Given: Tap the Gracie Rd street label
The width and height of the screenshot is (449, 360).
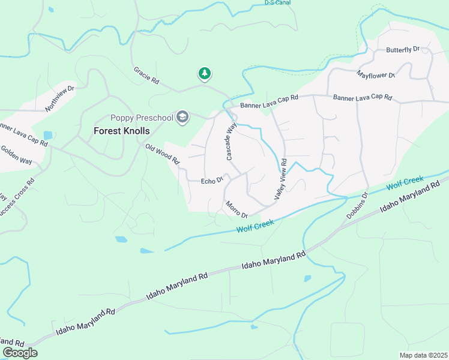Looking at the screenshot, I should pos(146,75).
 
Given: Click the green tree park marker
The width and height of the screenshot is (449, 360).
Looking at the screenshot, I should pos(205,74).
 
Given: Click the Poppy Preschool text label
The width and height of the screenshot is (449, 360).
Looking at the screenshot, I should pos(142,117).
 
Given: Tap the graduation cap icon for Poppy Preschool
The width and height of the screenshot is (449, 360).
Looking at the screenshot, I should pos(183,117).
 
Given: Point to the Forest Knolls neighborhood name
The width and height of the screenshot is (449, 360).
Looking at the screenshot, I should pos(121,130).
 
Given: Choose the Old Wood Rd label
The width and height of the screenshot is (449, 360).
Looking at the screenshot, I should pos(162,154).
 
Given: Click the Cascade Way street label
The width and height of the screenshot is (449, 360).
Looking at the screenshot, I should pos(231,142).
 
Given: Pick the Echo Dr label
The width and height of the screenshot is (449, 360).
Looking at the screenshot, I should pos(212,180).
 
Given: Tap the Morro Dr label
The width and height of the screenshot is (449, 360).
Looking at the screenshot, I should pos(237,210).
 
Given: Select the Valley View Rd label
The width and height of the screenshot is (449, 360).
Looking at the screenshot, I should pos(281,179).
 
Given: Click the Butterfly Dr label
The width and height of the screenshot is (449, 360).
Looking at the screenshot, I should pos(403,49).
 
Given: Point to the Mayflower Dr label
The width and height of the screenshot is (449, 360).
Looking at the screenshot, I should pos(376,75).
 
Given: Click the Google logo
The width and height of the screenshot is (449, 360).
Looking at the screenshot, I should pos(20,352).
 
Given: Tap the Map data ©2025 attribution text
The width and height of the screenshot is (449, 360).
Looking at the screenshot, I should pos(423,355).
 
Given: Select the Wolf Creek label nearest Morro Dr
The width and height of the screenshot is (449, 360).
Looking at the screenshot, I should pos(255,226).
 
